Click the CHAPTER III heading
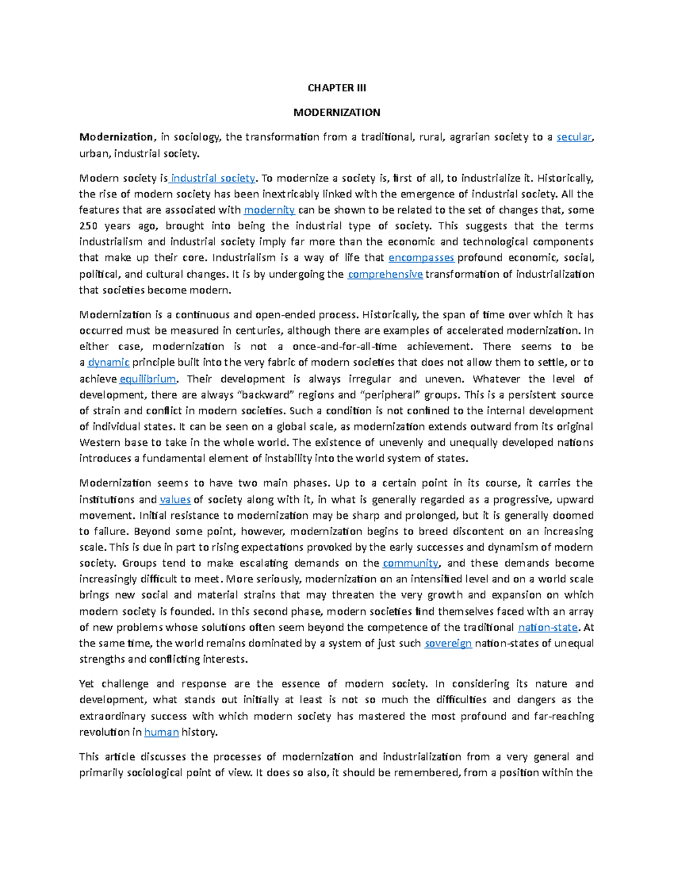[336, 88]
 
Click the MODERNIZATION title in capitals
[336, 112]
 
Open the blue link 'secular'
[573, 137]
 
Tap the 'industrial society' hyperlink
[212, 178]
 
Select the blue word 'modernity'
[270, 210]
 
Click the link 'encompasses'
[421, 257]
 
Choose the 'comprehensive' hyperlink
[385, 274]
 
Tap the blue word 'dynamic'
[109, 363]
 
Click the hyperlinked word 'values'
[175, 500]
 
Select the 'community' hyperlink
[411, 563]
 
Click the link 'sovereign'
[448, 643]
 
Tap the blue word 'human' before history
[161, 732]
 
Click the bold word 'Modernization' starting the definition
[116, 137]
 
